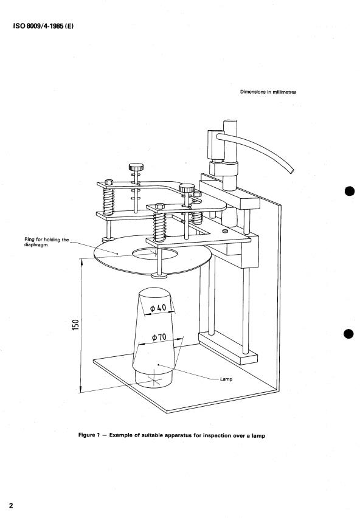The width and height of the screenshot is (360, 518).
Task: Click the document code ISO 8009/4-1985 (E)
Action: pos(43,26)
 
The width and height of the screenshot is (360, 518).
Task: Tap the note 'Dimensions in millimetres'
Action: pos(268,92)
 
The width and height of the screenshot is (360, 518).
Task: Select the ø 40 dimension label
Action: pos(158,308)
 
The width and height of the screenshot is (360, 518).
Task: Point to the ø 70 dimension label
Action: pos(159,337)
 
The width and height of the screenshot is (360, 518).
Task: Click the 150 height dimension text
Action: pos(75,325)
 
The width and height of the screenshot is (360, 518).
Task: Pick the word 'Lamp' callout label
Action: pos(226,379)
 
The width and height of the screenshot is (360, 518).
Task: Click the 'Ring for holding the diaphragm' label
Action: pos(47,242)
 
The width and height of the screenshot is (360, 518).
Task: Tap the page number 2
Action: pos(11,505)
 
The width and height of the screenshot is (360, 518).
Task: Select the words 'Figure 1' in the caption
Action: pos(89,435)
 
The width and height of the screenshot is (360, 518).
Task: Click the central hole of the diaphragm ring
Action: pos(154,254)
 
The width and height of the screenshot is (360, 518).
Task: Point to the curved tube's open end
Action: pos(292,171)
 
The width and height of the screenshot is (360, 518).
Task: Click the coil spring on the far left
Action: pos(108,201)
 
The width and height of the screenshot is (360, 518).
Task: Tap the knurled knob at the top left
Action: pos(136,167)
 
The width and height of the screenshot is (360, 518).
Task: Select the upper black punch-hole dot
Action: pos(350,191)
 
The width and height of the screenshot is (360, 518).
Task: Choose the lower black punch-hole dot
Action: pos(349,334)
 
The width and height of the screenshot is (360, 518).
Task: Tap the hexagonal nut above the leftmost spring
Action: pos(109,182)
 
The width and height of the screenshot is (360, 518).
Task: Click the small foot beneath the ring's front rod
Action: pos(159,275)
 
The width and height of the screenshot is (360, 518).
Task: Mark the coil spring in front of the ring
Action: pos(159,227)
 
